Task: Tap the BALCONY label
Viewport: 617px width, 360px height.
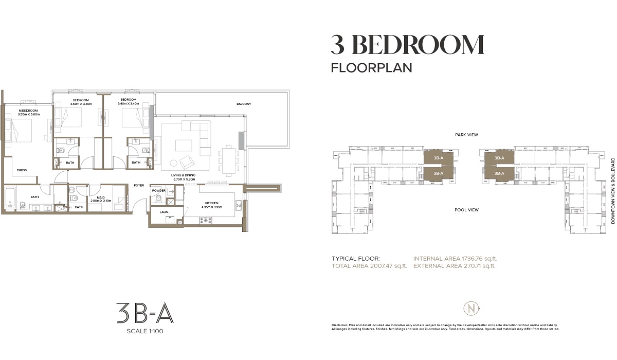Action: click(x=244, y=104)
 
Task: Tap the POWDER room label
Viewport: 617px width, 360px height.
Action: click(x=158, y=191)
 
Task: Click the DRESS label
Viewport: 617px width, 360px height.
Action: click(x=22, y=170)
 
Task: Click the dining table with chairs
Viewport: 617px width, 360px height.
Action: click(x=227, y=159)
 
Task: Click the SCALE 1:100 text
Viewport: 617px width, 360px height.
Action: click(x=144, y=331)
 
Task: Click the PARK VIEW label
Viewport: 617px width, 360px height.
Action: click(x=467, y=135)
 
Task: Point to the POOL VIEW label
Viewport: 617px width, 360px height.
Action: click(x=467, y=210)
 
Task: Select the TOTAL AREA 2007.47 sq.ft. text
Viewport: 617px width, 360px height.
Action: click(x=369, y=266)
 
